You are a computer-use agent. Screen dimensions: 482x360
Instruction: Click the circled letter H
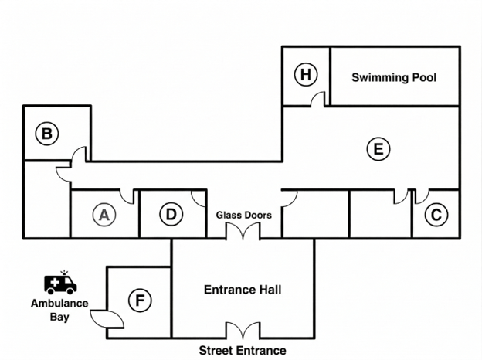[x=306, y=74]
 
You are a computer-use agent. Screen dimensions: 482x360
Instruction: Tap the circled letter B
[x=46, y=134]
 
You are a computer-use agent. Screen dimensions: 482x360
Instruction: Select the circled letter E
[x=378, y=149]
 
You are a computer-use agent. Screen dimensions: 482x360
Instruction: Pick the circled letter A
[x=104, y=215]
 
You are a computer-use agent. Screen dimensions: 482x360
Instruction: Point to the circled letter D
[x=171, y=214]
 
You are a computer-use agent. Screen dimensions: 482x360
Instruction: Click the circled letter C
[x=436, y=215]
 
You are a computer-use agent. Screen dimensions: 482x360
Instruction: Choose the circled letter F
[x=140, y=300]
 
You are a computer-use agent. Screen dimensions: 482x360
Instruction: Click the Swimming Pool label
[x=394, y=77]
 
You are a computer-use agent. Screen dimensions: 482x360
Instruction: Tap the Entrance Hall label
[x=243, y=290]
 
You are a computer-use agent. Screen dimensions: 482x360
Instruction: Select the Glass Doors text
[x=244, y=215]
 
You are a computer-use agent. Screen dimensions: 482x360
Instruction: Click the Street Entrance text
[x=243, y=350]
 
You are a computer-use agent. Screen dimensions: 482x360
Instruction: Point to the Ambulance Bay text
[x=59, y=310]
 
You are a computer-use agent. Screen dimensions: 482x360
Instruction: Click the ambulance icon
[x=60, y=284]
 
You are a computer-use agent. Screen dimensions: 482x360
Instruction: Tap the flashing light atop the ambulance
[x=64, y=273]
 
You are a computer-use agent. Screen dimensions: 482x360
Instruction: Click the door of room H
[x=317, y=99]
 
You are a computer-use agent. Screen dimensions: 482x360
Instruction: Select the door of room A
[x=127, y=197]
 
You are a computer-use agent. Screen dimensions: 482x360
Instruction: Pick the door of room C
[x=422, y=197]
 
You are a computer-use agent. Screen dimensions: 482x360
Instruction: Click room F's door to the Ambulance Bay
[x=107, y=319]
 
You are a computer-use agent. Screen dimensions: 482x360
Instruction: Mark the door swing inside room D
[x=199, y=199]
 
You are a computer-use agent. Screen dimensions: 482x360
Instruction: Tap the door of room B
[x=79, y=154]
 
